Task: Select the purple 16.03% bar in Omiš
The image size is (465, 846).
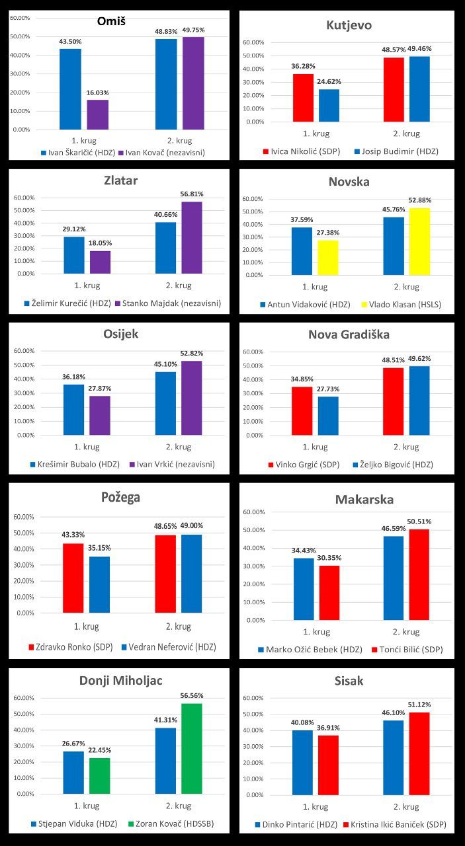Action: [x=97, y=114]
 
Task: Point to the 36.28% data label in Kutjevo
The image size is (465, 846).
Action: [x=303, y=66]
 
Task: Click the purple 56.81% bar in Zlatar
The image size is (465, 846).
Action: [x=192, y=237]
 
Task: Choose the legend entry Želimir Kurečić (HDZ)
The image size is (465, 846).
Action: [x=66, y=303]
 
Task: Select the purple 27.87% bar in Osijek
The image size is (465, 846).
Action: [x=100, y=415]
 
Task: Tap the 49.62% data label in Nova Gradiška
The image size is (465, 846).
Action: [x=419, y=359]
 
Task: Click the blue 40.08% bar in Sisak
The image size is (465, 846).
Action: [x=302, y=762]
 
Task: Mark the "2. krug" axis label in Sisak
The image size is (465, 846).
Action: [x=406, y=807]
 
